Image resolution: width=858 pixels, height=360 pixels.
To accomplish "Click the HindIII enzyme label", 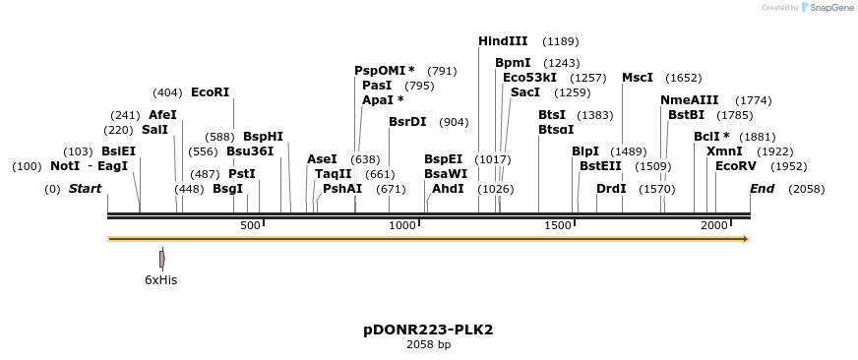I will click(503, 41).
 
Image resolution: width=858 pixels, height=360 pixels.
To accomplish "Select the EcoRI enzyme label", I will click(210, 92).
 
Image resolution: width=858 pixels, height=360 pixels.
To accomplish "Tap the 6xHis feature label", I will click(160, 280).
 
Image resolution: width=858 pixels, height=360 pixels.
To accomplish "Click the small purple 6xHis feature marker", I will click(162, 259).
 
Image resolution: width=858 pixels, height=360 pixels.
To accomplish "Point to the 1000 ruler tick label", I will click(403, 226).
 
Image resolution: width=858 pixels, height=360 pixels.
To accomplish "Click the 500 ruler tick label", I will click(250, 226).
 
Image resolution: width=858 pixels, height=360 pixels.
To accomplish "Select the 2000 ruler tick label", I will click(713, 226).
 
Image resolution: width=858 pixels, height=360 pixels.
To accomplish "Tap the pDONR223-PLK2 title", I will click(428, 329).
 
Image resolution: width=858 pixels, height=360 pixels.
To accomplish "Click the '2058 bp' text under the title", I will click(428, 345).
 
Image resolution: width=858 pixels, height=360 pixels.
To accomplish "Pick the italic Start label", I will click(85, 188).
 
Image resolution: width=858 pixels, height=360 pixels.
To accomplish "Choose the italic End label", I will click(762, 188).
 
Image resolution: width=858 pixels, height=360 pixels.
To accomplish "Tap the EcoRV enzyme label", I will click(735, 166).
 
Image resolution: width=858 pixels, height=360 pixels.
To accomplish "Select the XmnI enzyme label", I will click(724, 151).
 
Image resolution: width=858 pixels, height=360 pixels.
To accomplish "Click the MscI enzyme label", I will click(637, 78).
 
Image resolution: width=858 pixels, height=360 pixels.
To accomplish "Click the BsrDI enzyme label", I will click(407, 122).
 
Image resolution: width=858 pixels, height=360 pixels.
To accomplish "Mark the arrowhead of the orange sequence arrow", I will click(746, 239).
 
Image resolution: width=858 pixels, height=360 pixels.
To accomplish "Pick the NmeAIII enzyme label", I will click(689, 100).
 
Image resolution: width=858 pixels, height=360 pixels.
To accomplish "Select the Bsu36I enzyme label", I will click(250, 151).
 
